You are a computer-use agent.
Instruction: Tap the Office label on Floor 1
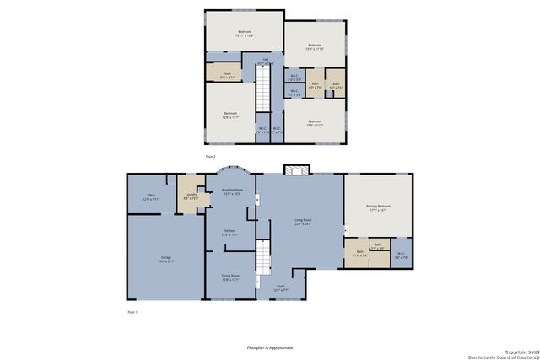pos(151,197)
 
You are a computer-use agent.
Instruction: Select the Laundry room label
pos(191,196)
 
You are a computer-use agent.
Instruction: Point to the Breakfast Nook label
pos(233,192)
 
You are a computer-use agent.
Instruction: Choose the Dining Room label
pos(230,277)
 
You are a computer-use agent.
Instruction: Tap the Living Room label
pos(303,223)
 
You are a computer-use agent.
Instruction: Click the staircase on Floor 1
pos(263,256)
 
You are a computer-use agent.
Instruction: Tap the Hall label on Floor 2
pos(265,62)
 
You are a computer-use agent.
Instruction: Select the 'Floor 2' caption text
pos(211,157)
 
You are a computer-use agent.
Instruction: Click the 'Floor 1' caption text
pos(132,312)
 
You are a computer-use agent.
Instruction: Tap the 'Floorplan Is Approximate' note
pos(269,347)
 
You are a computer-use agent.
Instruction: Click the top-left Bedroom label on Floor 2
pos(244,34)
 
